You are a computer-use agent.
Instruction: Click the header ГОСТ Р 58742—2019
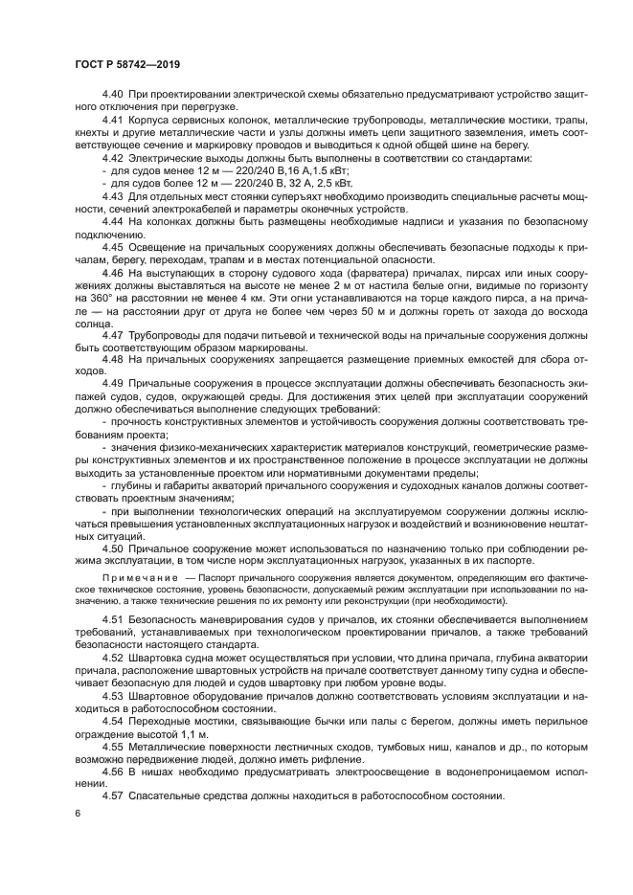126,64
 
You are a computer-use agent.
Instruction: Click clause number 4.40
113,97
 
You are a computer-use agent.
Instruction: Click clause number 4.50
113,548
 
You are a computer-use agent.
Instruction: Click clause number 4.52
113,659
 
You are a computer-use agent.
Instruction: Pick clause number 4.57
113,794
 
